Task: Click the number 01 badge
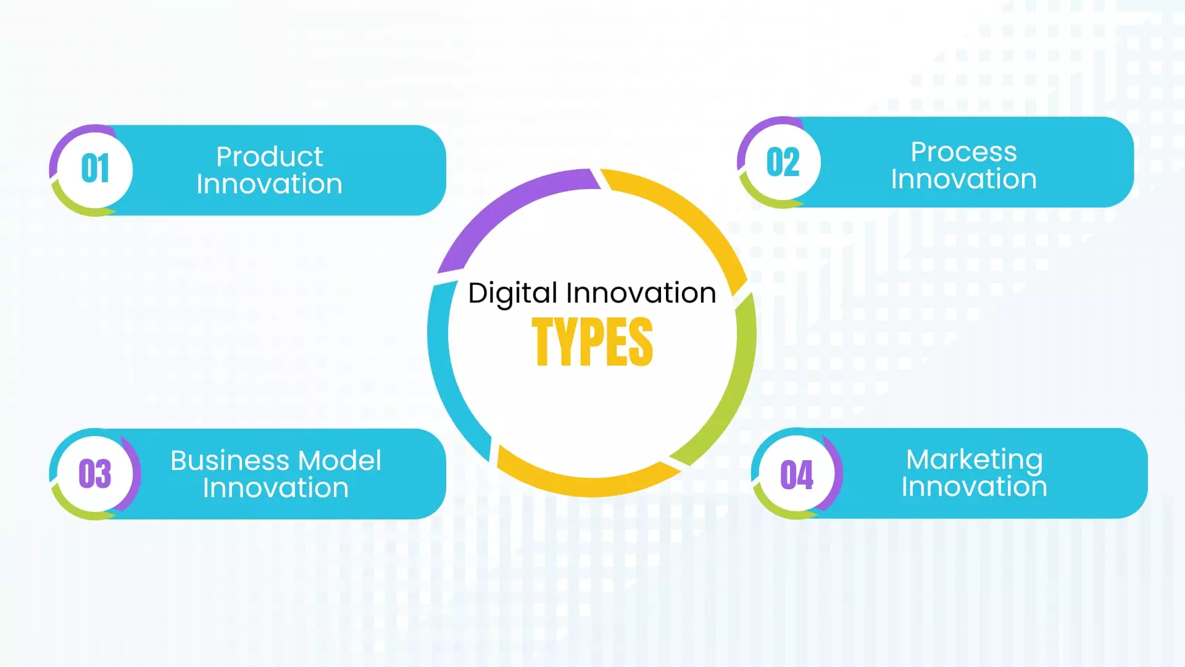95,169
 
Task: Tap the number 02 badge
783,162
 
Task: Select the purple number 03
94,474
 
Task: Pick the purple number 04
796,475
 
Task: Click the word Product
269,157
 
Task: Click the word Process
963,152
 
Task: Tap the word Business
230,461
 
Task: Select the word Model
339,461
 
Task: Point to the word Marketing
974,460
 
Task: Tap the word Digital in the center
512,293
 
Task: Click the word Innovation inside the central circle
641,293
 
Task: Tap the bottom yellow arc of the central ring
586,485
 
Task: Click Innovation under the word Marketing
974,487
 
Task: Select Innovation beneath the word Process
963,180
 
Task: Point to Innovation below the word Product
269,185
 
